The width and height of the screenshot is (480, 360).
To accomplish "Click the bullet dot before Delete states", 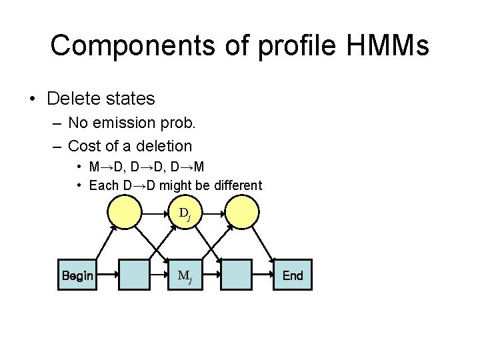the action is tap(31, 99).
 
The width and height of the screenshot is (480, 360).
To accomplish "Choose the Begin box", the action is tap(77, 275).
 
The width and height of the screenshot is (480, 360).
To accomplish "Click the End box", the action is tap(292, 275).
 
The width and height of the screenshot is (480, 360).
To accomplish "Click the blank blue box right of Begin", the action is tap(133, 275).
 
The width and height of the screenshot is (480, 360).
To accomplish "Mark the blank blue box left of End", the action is tap(236, 275).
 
